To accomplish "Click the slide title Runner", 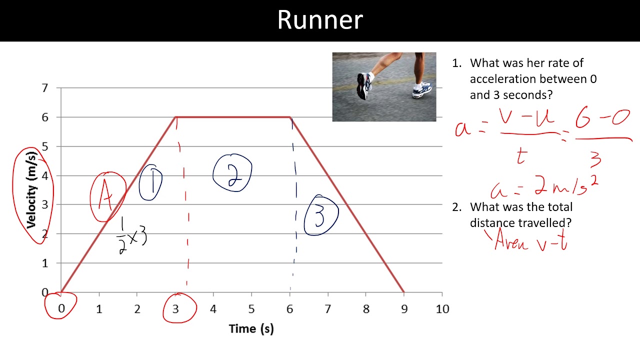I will pos(320,20).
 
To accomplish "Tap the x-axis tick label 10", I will pos(442,309).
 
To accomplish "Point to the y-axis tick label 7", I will pos(45,88).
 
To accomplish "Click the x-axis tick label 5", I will pos(251,309).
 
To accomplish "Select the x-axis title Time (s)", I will pos(251,328).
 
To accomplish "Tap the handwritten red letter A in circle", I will pos(106,197).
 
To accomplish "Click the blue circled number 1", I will pos(151,183).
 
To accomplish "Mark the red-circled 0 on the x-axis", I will pos(61,306).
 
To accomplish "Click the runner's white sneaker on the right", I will pos(422,90).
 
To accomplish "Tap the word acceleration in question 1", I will pos(506,79).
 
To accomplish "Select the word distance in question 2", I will pos(493,222).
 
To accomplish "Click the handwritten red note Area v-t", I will pos(530,241).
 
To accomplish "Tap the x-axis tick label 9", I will pos(404,309).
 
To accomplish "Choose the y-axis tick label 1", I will pos(45,263).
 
